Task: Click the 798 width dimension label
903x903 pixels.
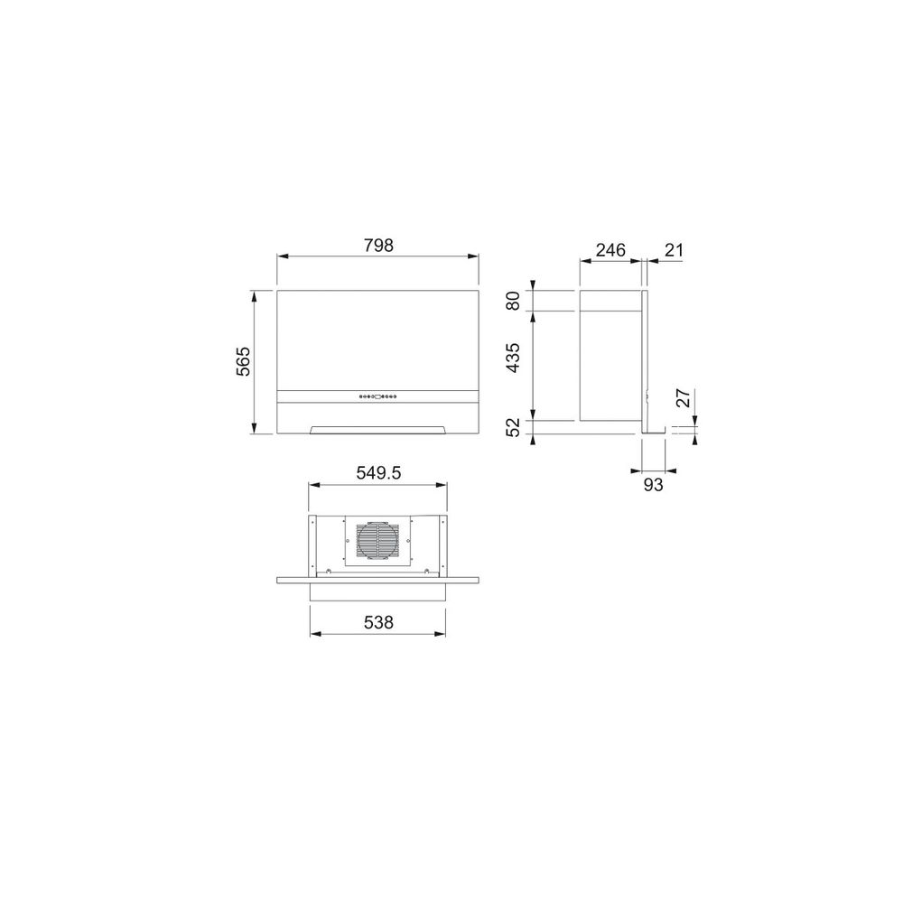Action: pos(378,246)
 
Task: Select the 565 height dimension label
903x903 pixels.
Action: pos(244,361)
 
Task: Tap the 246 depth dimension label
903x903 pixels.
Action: pos(610,250)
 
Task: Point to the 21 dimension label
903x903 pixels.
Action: pos(674,250)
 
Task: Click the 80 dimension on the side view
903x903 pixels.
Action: pos(513,301)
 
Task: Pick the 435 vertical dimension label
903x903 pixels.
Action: pos(513,357)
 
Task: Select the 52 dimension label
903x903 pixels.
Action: pos(513,427)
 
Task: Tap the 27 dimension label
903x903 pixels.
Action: pos(683,398)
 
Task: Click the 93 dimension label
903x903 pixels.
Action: pos(653,485)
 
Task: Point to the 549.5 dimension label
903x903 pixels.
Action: pos(378,473)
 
